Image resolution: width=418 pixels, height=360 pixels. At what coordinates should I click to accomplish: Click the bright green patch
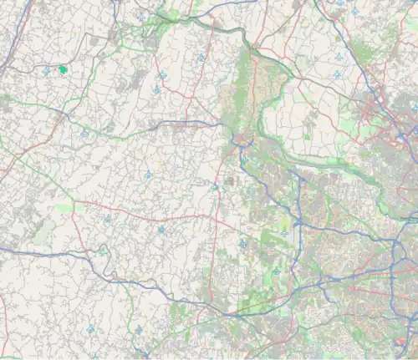click(x=63, y=70)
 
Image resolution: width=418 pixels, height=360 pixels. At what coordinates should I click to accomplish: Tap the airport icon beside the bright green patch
click(x=46, y=72)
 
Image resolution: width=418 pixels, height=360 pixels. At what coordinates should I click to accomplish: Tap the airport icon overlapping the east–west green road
click(x=84, y=133)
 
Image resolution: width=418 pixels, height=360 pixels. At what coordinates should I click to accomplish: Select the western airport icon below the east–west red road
click(x=107, y=218)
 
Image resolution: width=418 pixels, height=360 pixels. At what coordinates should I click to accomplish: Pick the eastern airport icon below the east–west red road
click(x=161, y=229)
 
